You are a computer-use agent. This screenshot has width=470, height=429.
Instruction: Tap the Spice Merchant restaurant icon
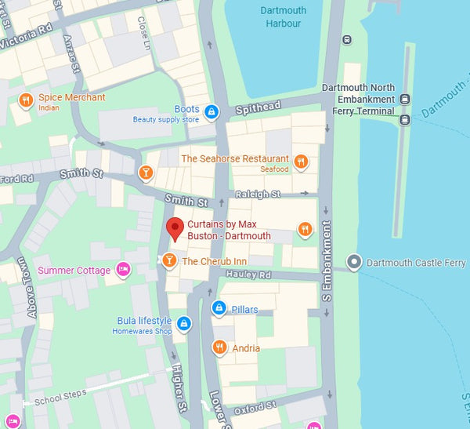26,100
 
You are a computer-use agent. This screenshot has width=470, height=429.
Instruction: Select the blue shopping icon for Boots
211,113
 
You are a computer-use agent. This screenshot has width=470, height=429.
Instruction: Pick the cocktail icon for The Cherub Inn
169,261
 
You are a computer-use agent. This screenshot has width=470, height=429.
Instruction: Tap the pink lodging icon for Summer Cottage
122,271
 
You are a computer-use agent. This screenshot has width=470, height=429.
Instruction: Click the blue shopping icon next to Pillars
219,310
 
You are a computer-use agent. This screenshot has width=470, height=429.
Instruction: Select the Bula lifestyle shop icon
183,322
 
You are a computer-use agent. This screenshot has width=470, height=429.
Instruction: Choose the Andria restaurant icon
219,347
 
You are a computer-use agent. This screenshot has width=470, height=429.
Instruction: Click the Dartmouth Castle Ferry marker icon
355,262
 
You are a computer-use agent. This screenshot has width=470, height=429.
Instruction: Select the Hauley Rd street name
248,274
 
